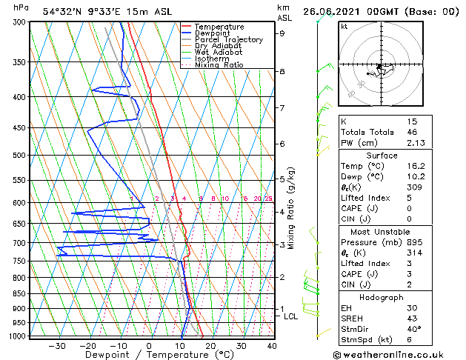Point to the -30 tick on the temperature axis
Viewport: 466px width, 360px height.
[x=57, y=346]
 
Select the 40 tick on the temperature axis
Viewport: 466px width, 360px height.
[x=272, y=346]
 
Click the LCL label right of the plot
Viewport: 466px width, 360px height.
[x=291, y=316]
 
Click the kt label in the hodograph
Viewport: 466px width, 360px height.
[x=344, y=27]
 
